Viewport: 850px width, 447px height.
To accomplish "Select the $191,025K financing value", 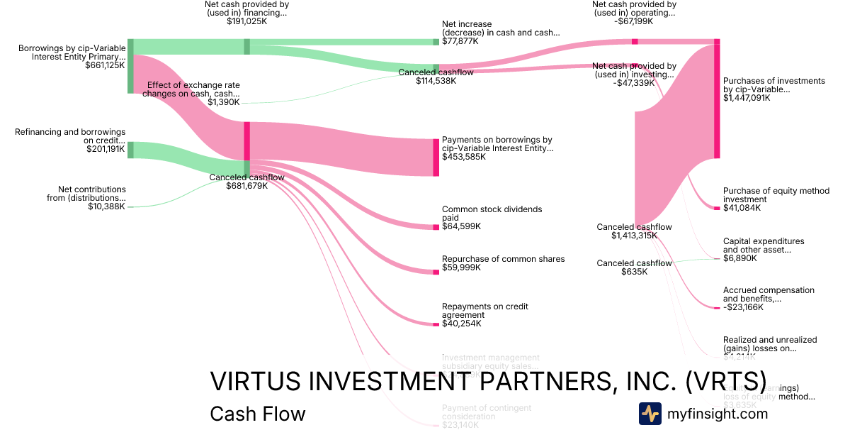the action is pyautogui.click(x=246, y=22).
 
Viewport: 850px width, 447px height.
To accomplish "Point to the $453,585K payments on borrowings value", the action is pyautogui.click(x=463, y=157).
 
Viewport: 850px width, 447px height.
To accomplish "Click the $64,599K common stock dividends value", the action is pyautogui.click(x=461, y=226).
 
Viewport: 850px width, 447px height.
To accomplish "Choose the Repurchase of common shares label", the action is pyautogui.click(x=503, y=259).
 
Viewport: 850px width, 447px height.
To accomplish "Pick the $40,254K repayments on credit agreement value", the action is pyautogui.click(x=461, y=324).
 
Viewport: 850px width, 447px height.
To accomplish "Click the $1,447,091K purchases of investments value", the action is pyautogui.click(x=747, y=98).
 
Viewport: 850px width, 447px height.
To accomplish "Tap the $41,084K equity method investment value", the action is pyautogui.click(x=742, y=208).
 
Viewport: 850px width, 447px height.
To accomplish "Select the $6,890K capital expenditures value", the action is pyautogui.click(x=739, y=258).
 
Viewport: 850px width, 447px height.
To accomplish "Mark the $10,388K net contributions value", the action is pyautogui.click(x=108, y=206).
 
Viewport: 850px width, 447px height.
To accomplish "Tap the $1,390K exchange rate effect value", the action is pyautogui.click(x=224, y=102).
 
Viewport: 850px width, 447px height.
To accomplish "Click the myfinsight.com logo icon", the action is pyautogui.click(x=650, y=414).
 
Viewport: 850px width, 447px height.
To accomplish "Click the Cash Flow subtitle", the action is pyautogui.click(x=257, y=414).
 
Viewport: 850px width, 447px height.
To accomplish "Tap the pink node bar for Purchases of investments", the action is pyautogui.click(x=717, y=99).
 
